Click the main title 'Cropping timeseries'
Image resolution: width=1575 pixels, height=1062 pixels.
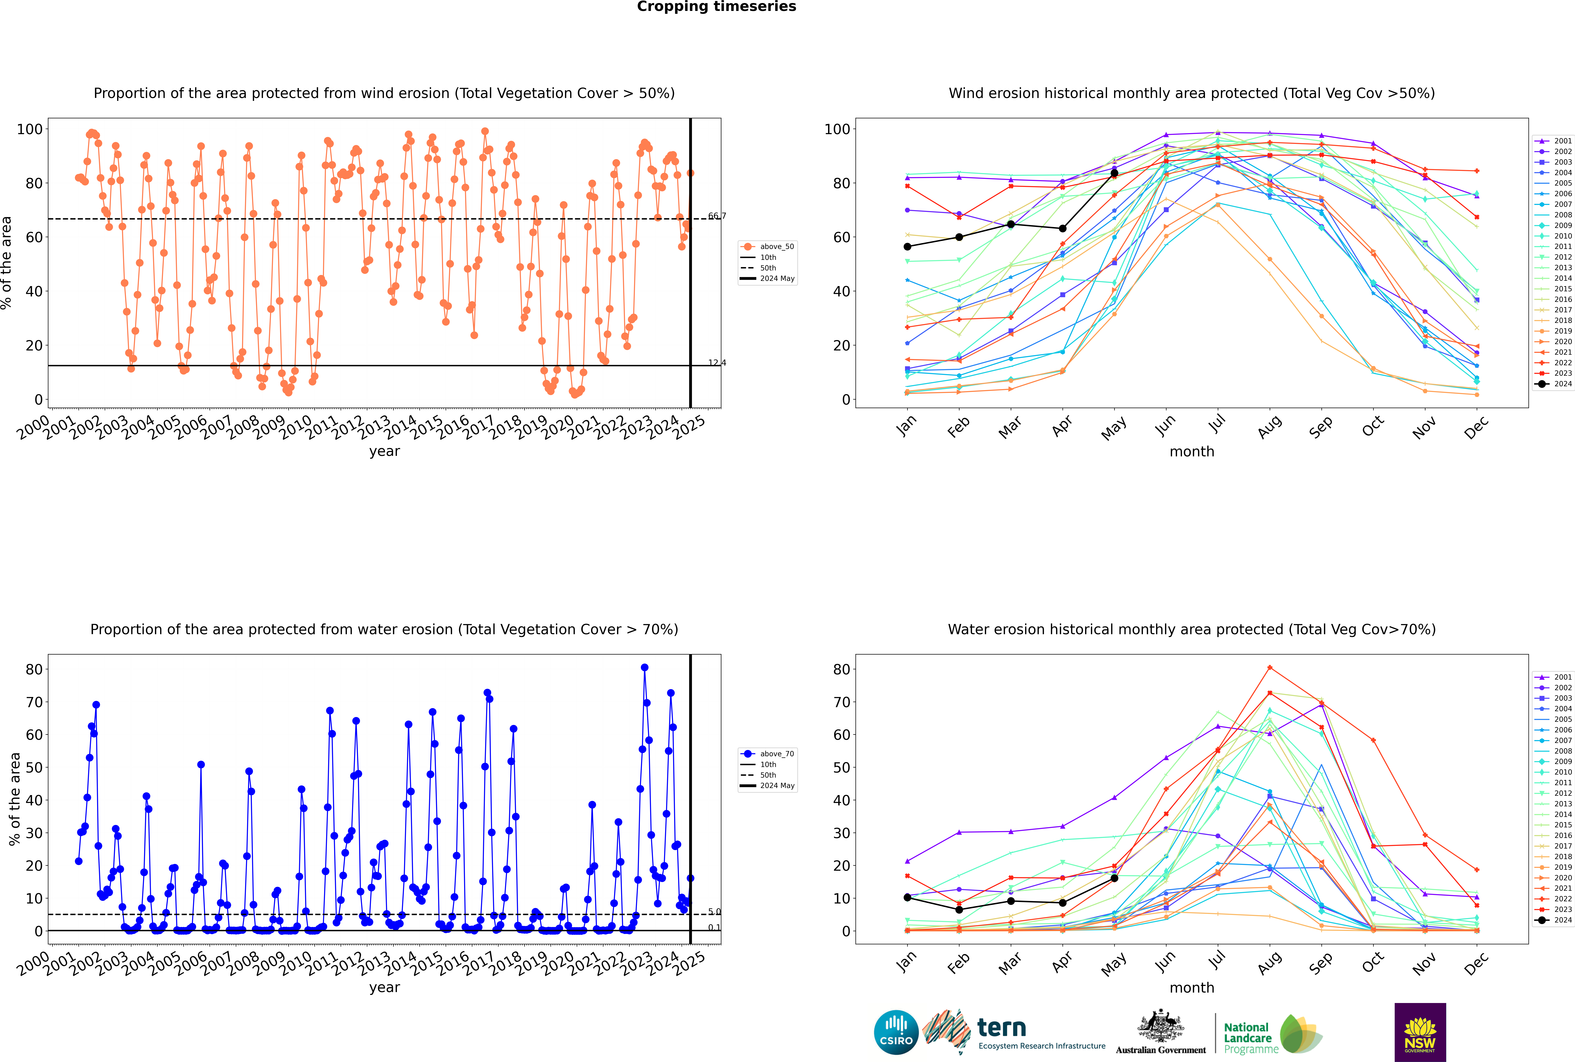pyautogui.click(x=716, y=7)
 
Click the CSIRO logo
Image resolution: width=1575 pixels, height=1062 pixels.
pyautogui.click(x=896, y=1032)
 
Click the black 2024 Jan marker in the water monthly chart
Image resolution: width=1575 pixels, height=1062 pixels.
pyautogui.click(x=907, y=897)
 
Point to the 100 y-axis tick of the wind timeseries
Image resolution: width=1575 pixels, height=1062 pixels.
pyautogui.click(x=30, y=129)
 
